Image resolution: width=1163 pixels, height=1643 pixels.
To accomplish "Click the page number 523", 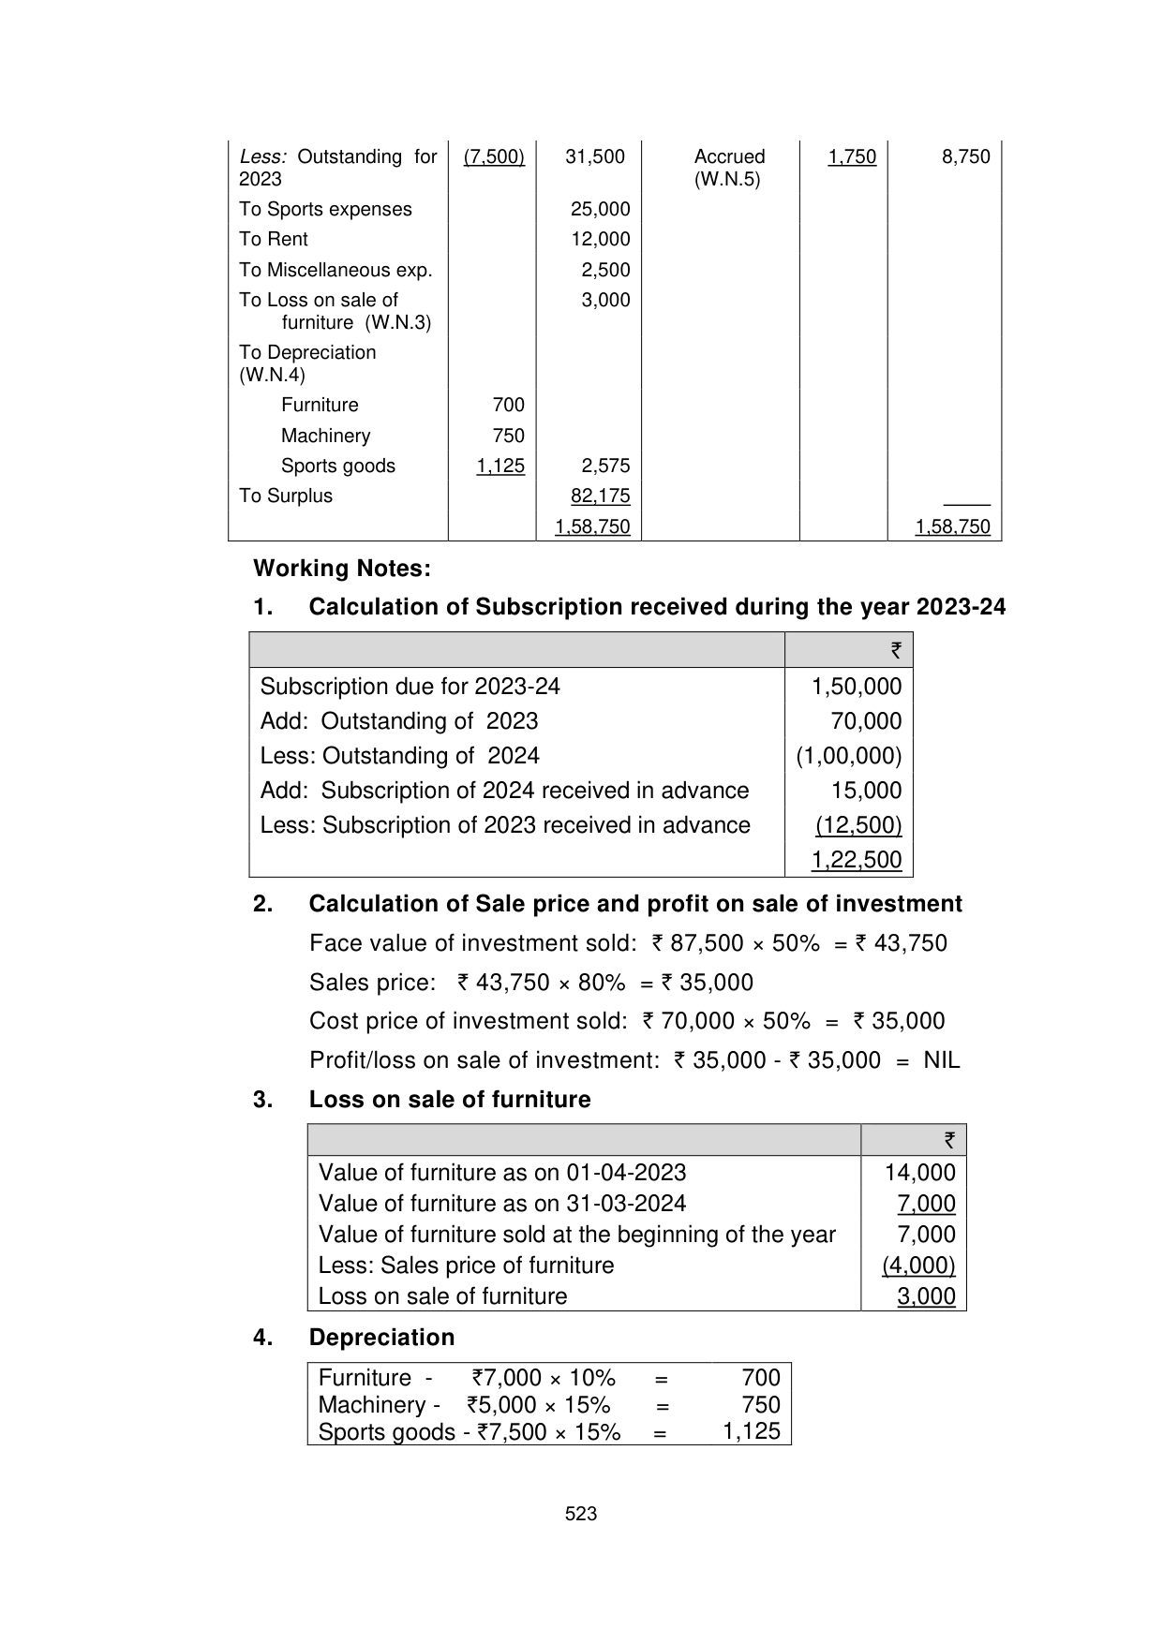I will (581, 1514).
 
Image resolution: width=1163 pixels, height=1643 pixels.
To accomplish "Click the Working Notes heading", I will (342, 569).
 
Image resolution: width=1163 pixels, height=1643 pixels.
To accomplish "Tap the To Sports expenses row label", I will (325, 210).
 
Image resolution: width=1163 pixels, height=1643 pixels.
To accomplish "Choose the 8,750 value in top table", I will (965, 157).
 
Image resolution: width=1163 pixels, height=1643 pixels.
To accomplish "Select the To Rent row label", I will (273, 240).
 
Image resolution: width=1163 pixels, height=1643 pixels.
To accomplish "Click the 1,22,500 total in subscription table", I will (856, 860).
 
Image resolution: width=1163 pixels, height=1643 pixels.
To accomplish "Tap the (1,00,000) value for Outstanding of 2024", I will (848, 756).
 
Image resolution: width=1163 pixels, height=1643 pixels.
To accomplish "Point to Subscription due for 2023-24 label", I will (410, 687).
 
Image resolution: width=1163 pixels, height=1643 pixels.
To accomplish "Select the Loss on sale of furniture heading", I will (450, 1100).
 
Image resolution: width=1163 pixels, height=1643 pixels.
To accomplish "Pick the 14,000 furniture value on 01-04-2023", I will (919, 1173).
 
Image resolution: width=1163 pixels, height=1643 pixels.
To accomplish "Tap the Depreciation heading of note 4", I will (381, 1338).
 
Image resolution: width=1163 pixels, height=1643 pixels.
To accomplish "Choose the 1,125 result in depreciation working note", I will (751, 1432).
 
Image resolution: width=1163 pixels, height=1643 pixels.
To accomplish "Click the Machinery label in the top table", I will (325, 437).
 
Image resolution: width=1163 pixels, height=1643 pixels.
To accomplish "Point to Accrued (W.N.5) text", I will (729, 168).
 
